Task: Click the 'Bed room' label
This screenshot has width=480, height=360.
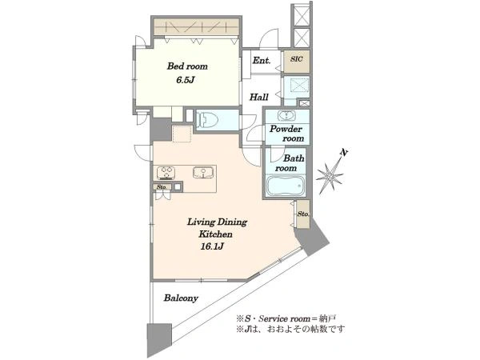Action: point(187,66)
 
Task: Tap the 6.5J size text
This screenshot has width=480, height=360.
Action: point(186,80)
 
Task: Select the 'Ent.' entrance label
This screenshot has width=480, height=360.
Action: point(262,60)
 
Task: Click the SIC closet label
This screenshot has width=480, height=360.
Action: point(296,58)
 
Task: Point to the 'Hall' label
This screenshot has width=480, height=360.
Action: point(259,98)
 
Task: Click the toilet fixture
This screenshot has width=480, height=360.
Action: point(207,120)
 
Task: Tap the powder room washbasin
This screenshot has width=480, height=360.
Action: point(286,116)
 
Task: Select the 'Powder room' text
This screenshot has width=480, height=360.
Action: point(287,134)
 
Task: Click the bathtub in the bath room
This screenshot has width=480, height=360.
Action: point(286,186)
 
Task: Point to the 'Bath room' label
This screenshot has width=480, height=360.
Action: point(290,163)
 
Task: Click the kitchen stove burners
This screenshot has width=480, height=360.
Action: point(166,173)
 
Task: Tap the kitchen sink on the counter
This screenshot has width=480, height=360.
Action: point(202,172)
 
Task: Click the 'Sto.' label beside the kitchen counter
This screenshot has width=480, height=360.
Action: point(162,186)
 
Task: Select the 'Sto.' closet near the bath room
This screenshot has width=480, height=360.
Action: point(303,214)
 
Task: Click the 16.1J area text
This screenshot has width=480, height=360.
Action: point(212,246)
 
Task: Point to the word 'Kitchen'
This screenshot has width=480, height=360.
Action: point(215,234)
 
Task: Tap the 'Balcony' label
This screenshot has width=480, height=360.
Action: point(181,298)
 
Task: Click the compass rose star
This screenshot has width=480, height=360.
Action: point(330,176)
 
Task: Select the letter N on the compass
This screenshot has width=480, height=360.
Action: point(345,152)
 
